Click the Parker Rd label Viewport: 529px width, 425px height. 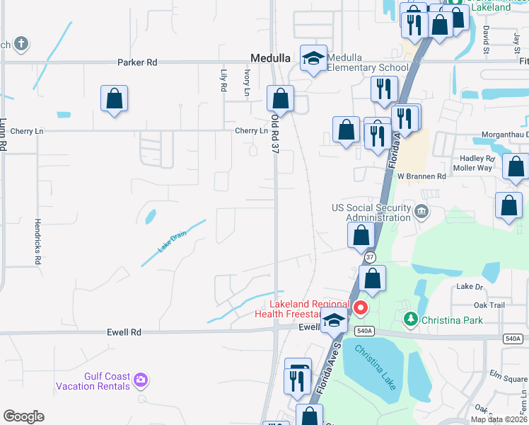click(x=137, y=62)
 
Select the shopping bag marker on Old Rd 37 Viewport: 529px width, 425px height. click(x=281, y=99)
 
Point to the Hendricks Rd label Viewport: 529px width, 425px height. click(x=38, y=241)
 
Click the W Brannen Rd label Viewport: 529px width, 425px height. click(x=422, y=176)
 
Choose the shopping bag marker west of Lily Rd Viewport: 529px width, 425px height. click(x=114, y=99)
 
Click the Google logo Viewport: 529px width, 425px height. click(x=23, y=416)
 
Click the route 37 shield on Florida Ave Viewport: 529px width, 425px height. click(x=371, y=256)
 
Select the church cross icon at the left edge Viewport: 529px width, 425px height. click(x=21, y=44)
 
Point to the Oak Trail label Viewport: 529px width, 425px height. click(x=489, y=305)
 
